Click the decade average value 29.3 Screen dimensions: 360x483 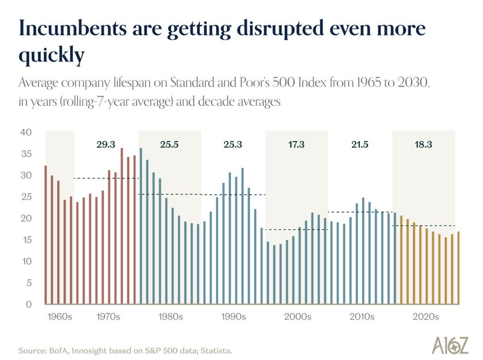106,145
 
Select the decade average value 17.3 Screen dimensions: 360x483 296,145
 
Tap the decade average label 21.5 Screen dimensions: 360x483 360,145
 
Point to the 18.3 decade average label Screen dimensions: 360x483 423,145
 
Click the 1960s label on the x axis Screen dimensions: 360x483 60,317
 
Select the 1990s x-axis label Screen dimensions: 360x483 234,317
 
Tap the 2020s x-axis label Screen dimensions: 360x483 425,317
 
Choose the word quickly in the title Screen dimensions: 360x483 52,55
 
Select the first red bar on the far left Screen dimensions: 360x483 46,235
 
